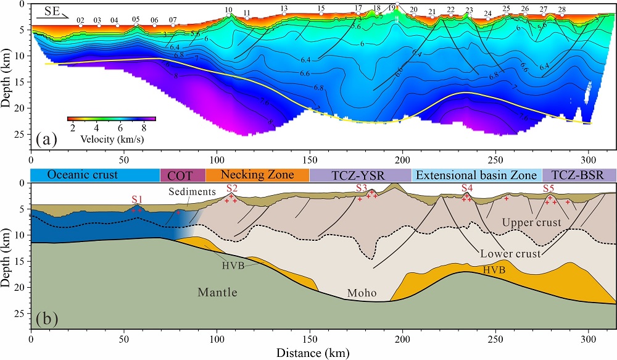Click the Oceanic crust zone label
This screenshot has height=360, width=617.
(x=82, y=175)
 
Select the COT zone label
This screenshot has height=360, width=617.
(x=182, y=175)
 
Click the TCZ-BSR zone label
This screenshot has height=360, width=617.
(x=579, y=175)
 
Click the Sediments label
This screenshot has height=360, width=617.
(x=194, y=191)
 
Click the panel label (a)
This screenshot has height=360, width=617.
(x=47, y=140)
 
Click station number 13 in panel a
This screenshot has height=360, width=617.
(x=284, y=9)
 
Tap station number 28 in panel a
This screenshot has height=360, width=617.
(x=561, y=10)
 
